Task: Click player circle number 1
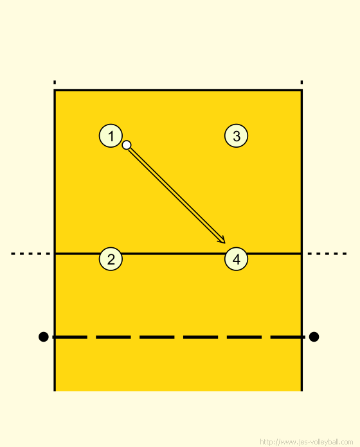[x=111, y=136]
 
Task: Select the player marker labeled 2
[x=111, y=259]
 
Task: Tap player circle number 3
[x=236, y=136]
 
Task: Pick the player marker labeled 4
[x=236, y=259]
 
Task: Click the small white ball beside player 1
[x=127, y=145]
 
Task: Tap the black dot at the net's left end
[x=43, y=337]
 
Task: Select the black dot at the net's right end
[x=314, y=337]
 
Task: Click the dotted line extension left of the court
[x=30, y=254]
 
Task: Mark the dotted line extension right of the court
[x=327, y=254]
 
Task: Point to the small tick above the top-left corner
[x=55, y=82]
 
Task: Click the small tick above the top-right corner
[x=301, y=82]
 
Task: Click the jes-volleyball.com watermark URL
[x=307, y=442]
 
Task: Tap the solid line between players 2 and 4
[x=174, y=254]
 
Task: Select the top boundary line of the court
[x=178, y=91]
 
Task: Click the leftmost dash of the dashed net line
[x=69, y=337]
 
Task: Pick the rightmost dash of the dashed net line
[x=287, y=337]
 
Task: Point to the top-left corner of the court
[x=55, y=91]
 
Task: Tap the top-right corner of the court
[x=301, y=91]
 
